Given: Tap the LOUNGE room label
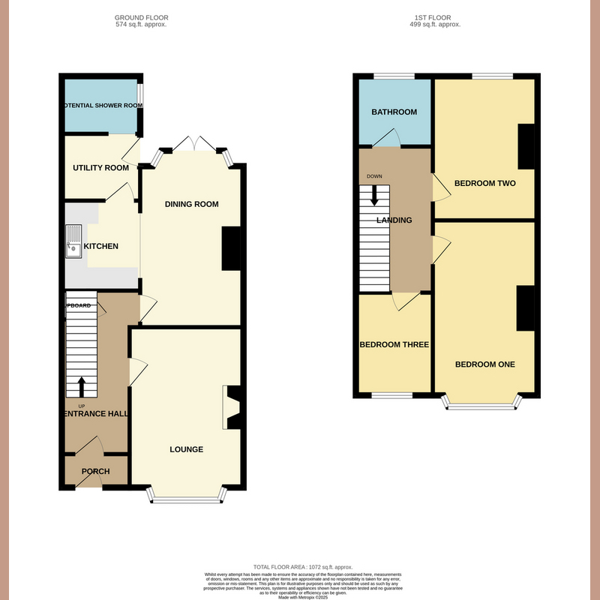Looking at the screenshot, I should (x=186, y=449).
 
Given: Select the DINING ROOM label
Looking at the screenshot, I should (x=193, y=204).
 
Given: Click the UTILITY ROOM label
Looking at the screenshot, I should (x=100, y=167).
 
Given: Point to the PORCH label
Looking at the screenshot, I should (x=95, y=472).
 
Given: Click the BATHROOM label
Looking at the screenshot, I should (x=394, y=112).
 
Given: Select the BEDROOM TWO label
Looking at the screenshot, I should (x=484, y=183).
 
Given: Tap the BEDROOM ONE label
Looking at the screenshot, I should (x=484, y=364).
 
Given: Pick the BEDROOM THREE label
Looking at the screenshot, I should (x=394, y=345).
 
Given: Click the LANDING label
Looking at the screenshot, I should (x=394, y=220).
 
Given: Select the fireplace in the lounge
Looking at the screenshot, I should (x=232, y=407).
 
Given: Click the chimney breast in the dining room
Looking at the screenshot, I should (x=230, y=248).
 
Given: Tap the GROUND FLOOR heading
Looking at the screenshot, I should (x=142, y=17).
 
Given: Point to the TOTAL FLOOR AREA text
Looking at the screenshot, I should (x=299, y=567).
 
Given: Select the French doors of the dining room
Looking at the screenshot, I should (x=192, y=144).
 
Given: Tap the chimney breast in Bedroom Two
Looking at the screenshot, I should (x=527, y=146).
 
